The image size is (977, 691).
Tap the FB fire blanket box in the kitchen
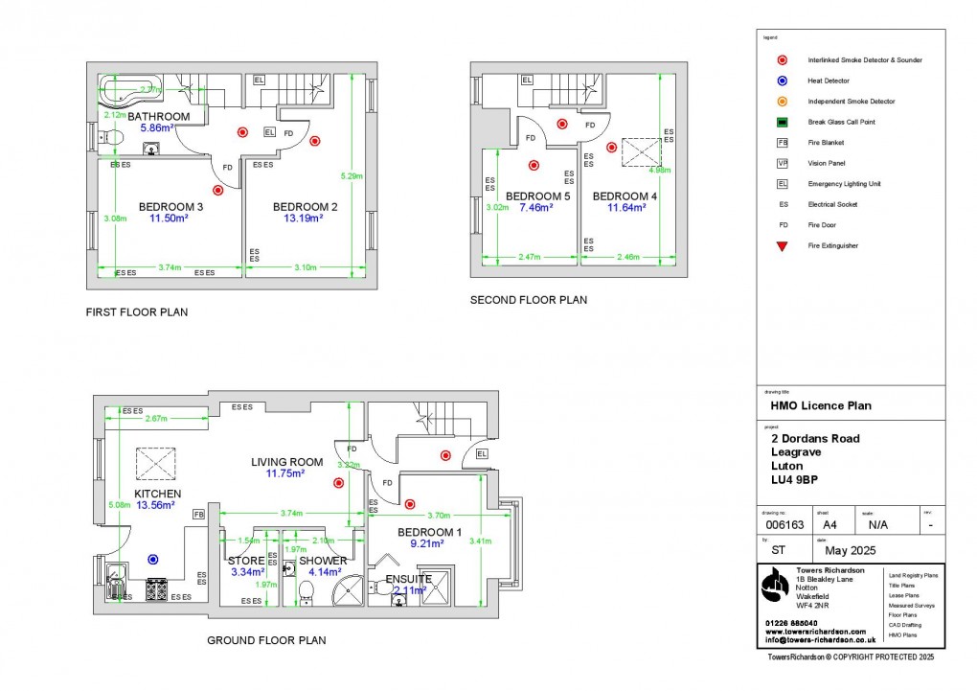198,515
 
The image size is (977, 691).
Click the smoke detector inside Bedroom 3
218,190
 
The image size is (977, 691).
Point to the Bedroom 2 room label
305,206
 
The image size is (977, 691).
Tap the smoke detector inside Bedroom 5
534,165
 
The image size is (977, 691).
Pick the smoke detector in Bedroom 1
410,503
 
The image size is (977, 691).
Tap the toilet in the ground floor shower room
307,587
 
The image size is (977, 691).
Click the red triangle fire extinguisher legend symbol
783,246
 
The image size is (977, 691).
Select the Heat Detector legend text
829,81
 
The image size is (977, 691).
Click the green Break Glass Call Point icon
783,122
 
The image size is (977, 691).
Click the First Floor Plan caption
137,311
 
